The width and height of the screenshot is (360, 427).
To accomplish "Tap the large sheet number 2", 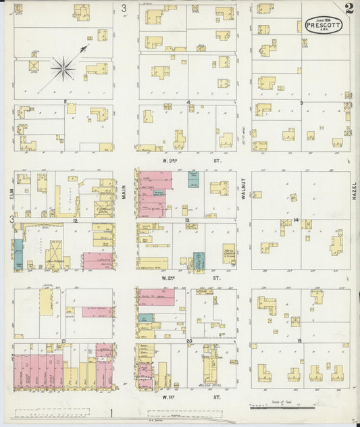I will point(348,9).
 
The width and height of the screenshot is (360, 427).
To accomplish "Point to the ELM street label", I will point(12,194).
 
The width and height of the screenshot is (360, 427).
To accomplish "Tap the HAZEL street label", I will point(353,194).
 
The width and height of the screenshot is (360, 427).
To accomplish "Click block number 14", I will point(297,220).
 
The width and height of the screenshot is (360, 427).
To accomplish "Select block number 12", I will point(76,221).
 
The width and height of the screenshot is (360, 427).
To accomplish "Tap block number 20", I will point(190,341).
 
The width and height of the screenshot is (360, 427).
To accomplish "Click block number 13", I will point(186,221).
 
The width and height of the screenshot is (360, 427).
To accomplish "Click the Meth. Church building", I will point(228,254).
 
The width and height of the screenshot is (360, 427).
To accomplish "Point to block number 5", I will point(65,102).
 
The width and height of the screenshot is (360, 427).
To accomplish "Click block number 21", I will point(63,341).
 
